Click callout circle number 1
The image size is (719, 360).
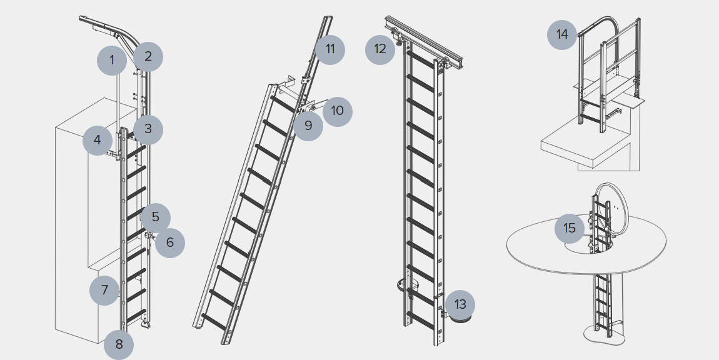pos(112,61)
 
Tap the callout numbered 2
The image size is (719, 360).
pos(148,56)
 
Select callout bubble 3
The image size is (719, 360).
pos(148,129)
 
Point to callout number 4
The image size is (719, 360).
pos(98,140)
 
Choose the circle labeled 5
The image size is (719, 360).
pos(156,217)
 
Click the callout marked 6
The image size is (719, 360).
pos(170,242)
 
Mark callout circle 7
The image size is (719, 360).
pos(104,290)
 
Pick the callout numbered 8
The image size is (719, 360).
pos(119,344)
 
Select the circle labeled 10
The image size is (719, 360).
pos(338,111)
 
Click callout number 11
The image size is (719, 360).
pos(330,49)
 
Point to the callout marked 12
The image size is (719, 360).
pos(380,49)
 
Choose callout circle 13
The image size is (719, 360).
pos(460,305)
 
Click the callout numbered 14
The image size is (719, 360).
pos(562,34)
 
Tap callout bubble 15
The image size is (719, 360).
pos(570,228)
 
